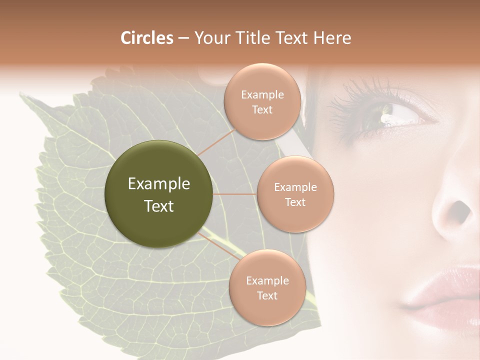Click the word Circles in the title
[x=147, y=38]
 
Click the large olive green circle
[x=158, y=194]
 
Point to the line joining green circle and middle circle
[x=234, y=194]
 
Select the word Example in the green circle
[x=158, y=184]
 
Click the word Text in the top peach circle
[x=262, y=110]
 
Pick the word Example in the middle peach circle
[x=295, y=187]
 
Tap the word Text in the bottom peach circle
[x=267, y=296]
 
